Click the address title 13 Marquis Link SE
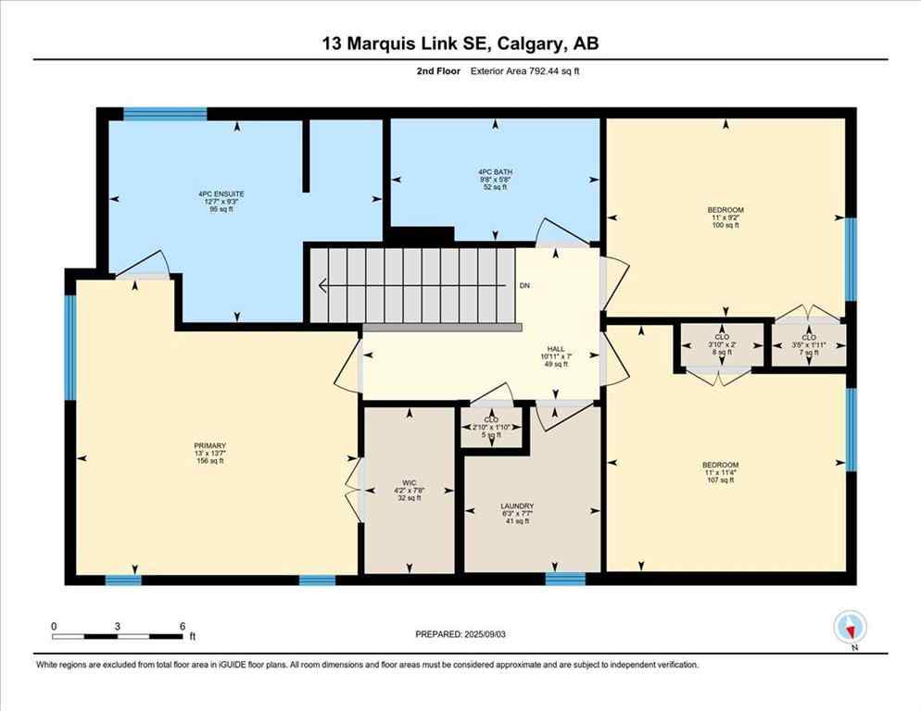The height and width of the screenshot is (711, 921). (x=460, y=44)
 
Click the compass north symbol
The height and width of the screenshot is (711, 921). (x=850, y=629)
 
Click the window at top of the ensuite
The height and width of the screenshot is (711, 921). (x=165, y=115)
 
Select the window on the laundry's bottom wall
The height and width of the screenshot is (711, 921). (x=565, y=579)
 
